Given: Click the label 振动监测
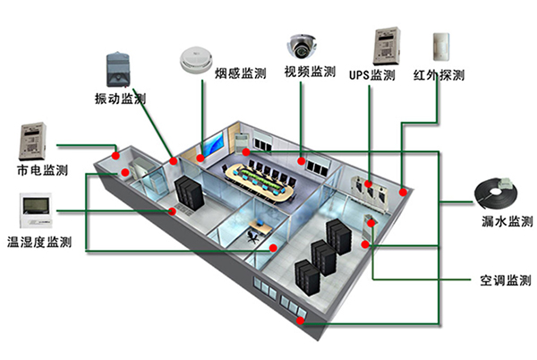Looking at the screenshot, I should (x=120, y=98).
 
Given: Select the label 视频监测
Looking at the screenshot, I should (x=310, y=72).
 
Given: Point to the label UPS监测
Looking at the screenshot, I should (x=371, y=74).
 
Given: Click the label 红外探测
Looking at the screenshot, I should (x=439, y=74).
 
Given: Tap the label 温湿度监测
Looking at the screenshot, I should (x=39, y=242).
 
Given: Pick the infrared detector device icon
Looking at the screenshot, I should (x=440, y=47).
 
